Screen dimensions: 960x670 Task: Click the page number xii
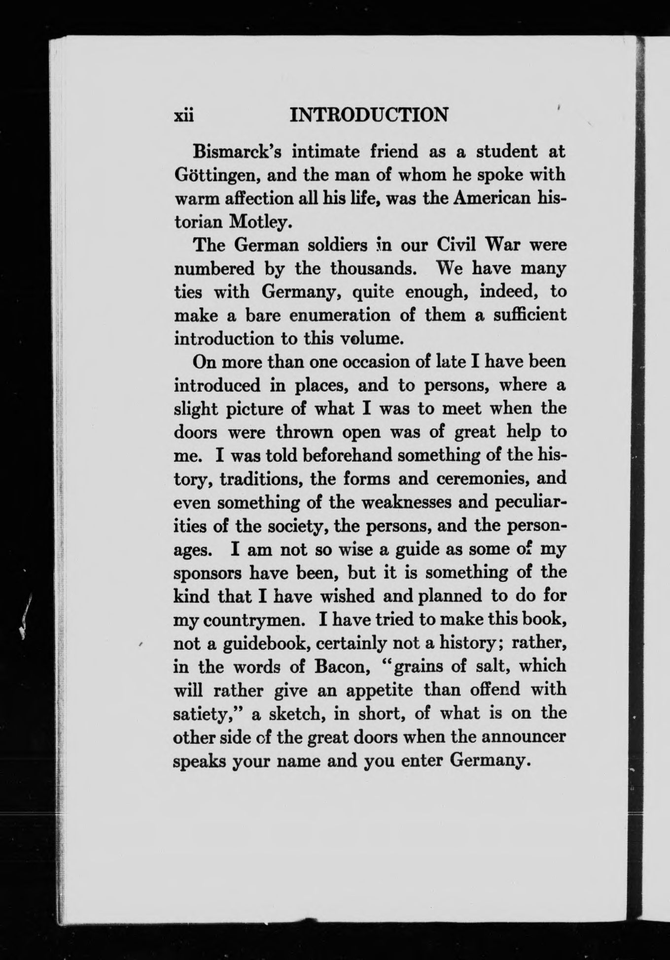coord(185,115)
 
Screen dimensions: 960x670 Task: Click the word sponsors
coord(208,573)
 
